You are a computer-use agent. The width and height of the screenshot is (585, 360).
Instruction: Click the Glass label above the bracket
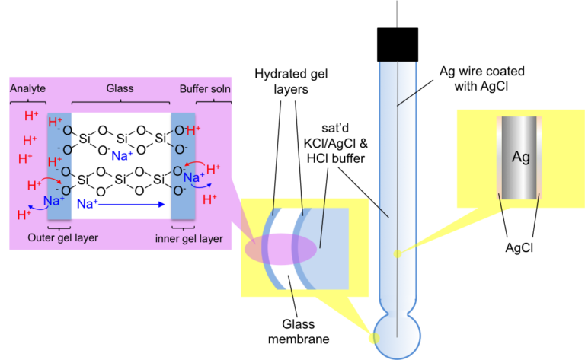point(120,88)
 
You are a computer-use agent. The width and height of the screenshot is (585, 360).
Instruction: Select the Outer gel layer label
point(63,237)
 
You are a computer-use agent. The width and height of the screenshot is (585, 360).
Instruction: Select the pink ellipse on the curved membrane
point(280,249)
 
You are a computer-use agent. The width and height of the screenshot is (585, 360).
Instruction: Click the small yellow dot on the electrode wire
point(396,253)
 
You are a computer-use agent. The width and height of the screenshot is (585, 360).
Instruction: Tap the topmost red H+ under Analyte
point(31,116)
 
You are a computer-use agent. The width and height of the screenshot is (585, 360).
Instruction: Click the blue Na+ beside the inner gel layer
point(193,177)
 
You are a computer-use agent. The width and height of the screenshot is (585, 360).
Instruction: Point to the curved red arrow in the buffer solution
point(195,164)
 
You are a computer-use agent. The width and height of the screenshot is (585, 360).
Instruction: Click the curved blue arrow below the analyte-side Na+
point(34,207)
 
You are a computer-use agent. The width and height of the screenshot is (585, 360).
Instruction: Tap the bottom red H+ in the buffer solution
point(210,199)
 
